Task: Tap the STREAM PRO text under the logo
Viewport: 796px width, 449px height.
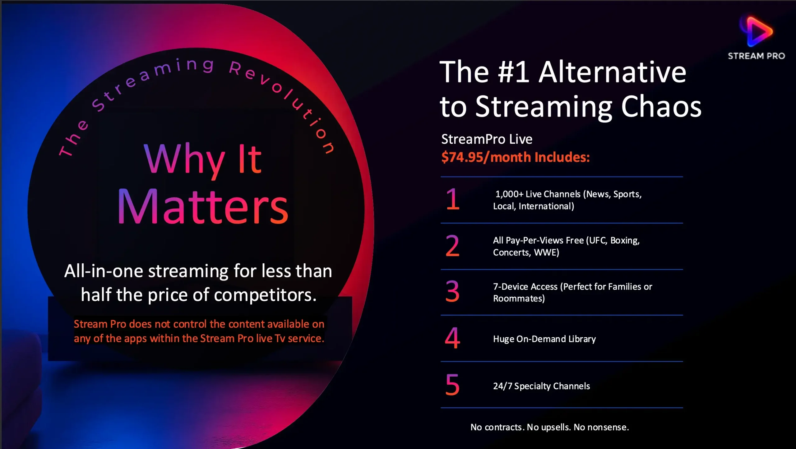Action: pyautogui.click(x=756, y=56)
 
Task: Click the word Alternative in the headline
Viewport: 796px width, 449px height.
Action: pyautogui.click(x=612, y=72)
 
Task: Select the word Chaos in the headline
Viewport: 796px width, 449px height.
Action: pyautogui.click(x=661, y=107)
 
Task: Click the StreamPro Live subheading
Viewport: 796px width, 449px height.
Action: pyautogui.click(x=487, y=139)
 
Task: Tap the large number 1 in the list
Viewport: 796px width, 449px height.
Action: pyautogui.click(x=452, y=199)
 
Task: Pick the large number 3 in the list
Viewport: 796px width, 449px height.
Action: pyautogui.click(x=452, y=291)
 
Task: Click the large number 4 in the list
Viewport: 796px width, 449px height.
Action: pyautogui.click(x=452, y=338)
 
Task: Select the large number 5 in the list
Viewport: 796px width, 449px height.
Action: pyautogui.click(x=452, y=385)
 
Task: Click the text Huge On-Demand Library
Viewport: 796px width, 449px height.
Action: pyautogui.click(x=544, y=339)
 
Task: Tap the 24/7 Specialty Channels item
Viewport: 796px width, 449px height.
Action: pyautogui.click(x=541, y=386)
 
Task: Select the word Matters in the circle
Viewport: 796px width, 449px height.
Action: pyautogui.click(x=203, y=206)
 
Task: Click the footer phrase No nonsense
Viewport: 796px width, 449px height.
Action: pyautogui.click(x=601, y=427)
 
